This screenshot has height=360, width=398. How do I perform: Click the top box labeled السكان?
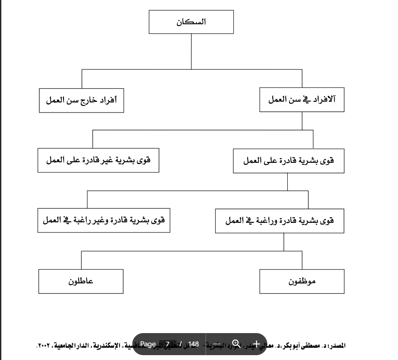[191, 22]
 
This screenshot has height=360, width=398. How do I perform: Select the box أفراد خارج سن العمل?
[81, 100]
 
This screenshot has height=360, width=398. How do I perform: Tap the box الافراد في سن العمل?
[302, 100]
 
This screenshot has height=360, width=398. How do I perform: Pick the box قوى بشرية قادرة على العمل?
[288, 160]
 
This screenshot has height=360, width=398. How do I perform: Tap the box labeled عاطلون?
[81, 281]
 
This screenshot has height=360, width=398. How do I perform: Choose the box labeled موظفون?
[302, 281]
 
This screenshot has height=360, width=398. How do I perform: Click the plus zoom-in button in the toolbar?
[255, 344]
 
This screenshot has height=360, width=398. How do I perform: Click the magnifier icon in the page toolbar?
[236, 344]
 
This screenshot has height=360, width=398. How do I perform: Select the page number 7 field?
[168, 344]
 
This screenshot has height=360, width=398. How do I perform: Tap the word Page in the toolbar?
[148, 344]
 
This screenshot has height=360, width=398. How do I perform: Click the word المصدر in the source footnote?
[337, 345]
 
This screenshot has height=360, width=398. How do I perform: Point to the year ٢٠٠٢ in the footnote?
[42, 345]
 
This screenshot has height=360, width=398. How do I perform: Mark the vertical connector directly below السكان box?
[191, 51]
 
